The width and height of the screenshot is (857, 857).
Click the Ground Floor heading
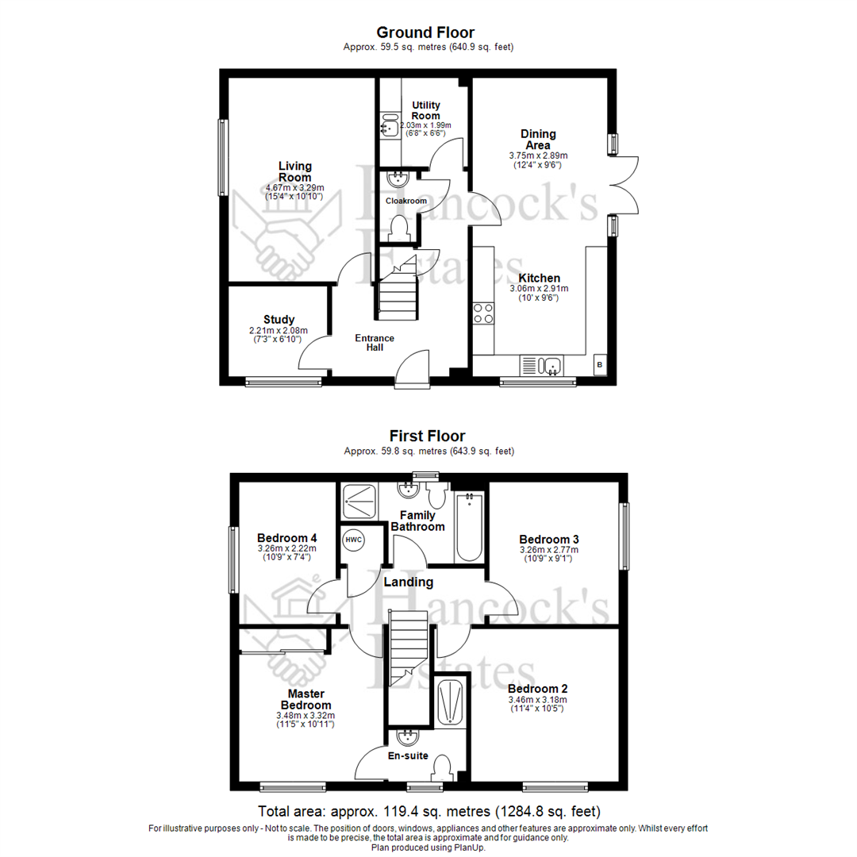tap(425, 33)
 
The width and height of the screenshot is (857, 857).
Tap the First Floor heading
tap(427, 436)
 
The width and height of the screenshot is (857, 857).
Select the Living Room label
tap(295, 171)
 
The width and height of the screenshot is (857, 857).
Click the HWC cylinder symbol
tap(353, 540)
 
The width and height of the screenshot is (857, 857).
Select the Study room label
tap(279, 320)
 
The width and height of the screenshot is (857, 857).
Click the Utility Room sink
tap(389, 125)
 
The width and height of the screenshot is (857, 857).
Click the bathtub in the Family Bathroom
tap(469, 526)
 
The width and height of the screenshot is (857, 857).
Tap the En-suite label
tap(408, 755)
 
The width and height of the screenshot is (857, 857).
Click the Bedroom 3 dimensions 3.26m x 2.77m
tap(549, 549)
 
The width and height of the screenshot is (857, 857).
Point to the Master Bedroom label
tap(306, 699)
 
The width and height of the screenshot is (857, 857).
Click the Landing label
tap(408, 582)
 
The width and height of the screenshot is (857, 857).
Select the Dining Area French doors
tap(623, 183)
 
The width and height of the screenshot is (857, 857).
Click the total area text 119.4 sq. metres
tap(428, 812)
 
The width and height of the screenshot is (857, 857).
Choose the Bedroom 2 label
tap(537, 688)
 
